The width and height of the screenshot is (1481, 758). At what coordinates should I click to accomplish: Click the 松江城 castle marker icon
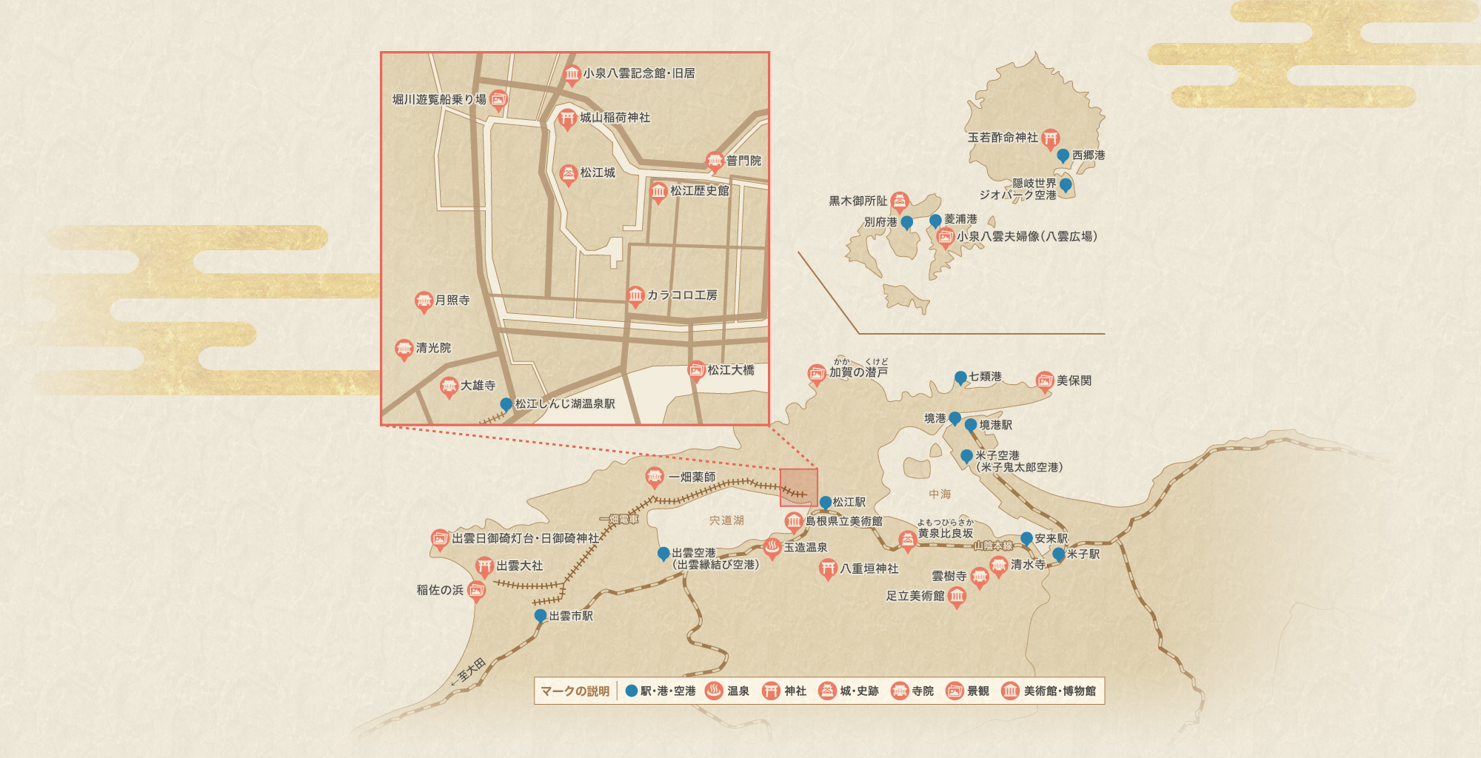coord(568,174)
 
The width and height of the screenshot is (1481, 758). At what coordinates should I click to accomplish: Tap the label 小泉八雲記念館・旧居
coord(638,73)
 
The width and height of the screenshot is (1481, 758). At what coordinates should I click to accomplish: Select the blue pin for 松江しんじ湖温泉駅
coord(506,404)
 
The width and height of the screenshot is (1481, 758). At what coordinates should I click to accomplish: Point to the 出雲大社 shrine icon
coord(484,567)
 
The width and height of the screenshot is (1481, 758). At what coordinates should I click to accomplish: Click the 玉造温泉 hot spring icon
coord(772,548)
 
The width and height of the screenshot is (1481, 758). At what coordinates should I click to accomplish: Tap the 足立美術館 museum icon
coord(957,596)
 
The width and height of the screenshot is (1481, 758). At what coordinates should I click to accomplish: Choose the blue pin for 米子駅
coord(1059,554)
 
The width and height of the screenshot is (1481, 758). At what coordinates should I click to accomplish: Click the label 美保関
coord(1074,380)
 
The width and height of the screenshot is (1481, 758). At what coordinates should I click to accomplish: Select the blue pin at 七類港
coord(960,378)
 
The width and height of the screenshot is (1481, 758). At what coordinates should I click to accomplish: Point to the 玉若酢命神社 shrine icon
coord(1050,138)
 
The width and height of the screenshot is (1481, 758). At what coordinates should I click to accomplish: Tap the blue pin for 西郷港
coord(1063,155)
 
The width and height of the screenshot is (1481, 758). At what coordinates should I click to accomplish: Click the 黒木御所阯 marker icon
coord(900,201)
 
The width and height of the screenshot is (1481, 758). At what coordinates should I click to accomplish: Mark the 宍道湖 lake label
coord(726,520)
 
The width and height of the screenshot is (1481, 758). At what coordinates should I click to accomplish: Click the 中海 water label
coord(940,494)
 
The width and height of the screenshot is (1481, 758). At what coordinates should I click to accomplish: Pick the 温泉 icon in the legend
coord(714,691)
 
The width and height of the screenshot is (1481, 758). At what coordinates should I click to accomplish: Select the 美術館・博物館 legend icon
coord(1010,691)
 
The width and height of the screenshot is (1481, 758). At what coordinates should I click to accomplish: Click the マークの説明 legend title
coord(575,691)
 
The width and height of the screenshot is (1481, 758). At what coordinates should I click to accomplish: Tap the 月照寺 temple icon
coord(424,301)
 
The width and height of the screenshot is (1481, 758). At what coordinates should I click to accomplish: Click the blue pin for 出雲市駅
coord(541,616)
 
